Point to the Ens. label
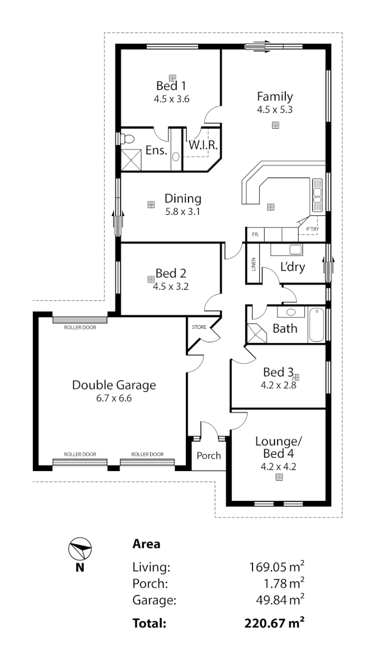156,151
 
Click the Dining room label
183,198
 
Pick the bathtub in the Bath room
317,325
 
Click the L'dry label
293,267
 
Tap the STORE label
199,327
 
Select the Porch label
209,455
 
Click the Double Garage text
114,385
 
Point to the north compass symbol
79,550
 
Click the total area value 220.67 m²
274,623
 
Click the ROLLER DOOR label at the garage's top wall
80,327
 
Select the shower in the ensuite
132,159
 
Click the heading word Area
146,544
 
